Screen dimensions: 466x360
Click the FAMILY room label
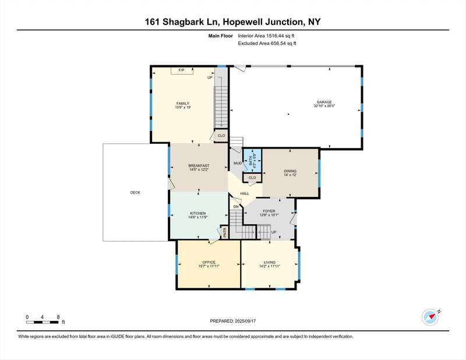coord(183,104)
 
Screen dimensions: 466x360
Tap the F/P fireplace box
coord(182,70)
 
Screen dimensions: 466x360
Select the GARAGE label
coord(324,102)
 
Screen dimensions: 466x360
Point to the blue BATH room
coord(252,161)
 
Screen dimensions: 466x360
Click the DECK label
coord(135,193)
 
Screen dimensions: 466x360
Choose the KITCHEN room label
coord(198,213)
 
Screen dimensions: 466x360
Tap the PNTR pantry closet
coord(225,232)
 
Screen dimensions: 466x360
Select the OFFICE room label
coord(209,263)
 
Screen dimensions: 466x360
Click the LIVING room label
coord(270,263)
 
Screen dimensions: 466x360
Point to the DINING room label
coord(290,171)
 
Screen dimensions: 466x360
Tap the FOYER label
coord(269,211)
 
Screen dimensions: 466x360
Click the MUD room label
coord(238,163)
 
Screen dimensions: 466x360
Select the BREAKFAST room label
coord(199,165)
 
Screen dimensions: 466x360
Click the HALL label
coord(245,193)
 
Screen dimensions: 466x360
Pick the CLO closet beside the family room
coord(221,136)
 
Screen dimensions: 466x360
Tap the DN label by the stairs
coord(236,207)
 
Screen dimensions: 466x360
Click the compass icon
coord(430,317)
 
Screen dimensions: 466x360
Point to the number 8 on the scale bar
coord(58,317)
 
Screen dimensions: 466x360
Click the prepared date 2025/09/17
coord(245,321)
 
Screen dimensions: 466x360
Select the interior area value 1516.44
coord(274,36)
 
